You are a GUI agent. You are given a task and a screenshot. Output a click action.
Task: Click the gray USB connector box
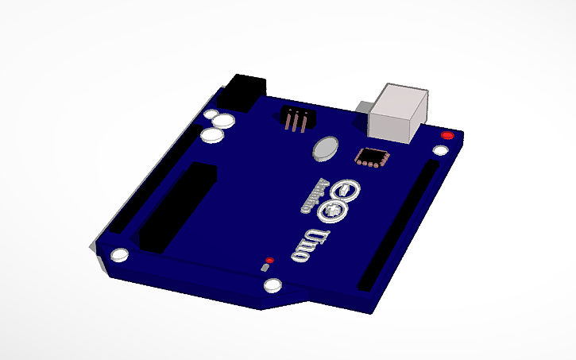(400, 114)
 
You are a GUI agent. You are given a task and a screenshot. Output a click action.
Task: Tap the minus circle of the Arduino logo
(348, 191)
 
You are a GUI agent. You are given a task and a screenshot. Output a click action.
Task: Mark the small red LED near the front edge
(270, 260)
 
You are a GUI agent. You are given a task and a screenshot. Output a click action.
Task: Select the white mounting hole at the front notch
(273, 285)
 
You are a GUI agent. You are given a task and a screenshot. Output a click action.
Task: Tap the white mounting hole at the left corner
(121, 255)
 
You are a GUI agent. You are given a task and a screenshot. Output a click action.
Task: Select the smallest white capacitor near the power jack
(211, 115)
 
